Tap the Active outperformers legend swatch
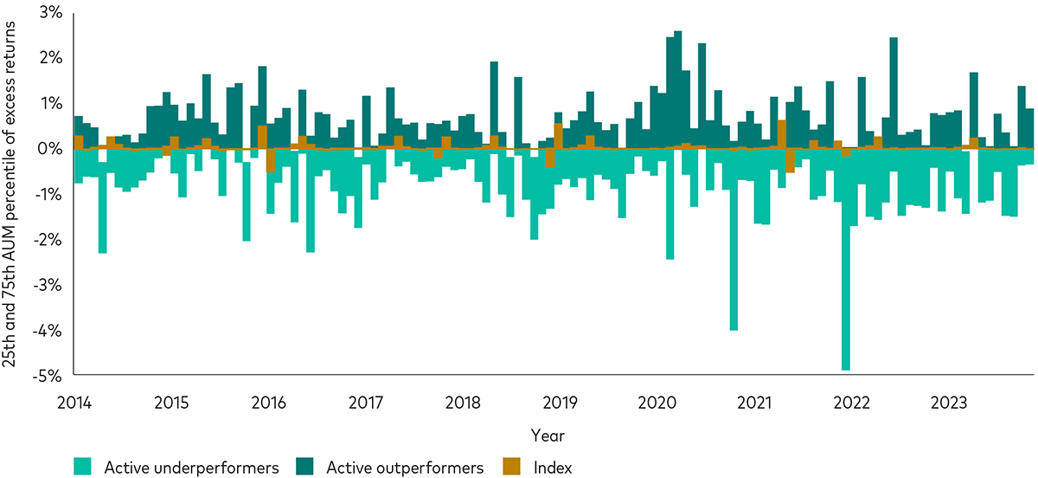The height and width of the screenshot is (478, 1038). click(307, 468)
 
